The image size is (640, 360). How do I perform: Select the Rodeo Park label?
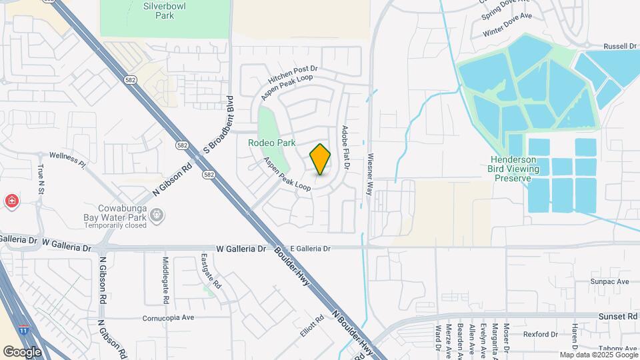pos(271,143)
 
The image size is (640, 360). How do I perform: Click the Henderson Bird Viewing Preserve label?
pos(523,169)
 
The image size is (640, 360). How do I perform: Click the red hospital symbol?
pos(11,201)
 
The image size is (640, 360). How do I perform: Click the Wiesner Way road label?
pos(369,175)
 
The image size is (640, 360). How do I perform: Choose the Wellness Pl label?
pos(73,158)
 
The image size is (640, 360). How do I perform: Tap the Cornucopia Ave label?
pos(168,318)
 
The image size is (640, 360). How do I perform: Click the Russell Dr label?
pos(620,46)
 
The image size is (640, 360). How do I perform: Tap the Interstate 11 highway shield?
pos(24,330)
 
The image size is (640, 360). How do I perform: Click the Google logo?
pos(22,351)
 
